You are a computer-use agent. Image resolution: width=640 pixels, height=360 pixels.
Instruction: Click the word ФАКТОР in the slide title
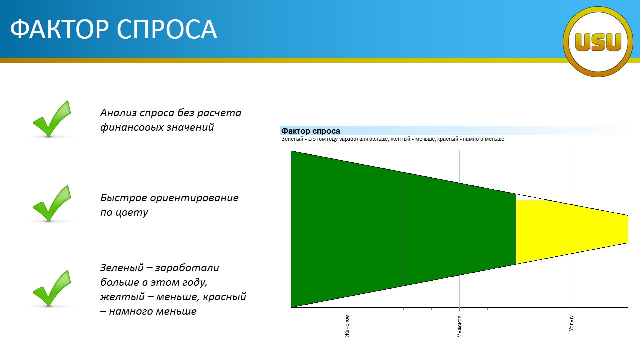point(59,29)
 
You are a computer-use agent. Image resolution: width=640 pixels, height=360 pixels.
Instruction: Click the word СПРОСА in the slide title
point(167,29)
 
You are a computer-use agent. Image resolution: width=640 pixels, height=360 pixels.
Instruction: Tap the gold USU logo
point(598,42)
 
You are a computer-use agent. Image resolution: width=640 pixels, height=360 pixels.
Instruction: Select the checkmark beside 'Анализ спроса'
point(52,119)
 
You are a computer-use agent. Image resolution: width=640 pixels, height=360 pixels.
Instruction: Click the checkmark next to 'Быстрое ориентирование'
point(52,203)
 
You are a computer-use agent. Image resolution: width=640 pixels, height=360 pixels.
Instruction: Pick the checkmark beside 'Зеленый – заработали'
point(52,288)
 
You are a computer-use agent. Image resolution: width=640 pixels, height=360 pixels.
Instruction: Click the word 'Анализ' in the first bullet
point(118,113)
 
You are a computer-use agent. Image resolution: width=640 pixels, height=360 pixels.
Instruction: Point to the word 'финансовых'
point(131,127)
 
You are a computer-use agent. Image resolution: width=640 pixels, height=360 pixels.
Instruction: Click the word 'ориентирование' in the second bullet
point(194,198)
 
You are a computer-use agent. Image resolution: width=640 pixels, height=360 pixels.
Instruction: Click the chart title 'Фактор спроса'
point(311,131)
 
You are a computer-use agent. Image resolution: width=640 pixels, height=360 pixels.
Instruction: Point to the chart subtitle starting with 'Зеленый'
point(393,139)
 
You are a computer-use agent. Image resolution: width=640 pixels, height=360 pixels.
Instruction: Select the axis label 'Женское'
point(347,326)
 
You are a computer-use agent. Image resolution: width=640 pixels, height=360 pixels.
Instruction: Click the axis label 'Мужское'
point(459,326)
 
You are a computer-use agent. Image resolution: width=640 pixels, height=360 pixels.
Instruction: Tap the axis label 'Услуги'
point(571,323)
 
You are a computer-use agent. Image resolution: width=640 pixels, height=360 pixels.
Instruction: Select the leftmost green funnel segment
point(347,229)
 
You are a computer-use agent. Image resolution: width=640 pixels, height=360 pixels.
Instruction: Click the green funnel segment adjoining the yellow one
point(459,229)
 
